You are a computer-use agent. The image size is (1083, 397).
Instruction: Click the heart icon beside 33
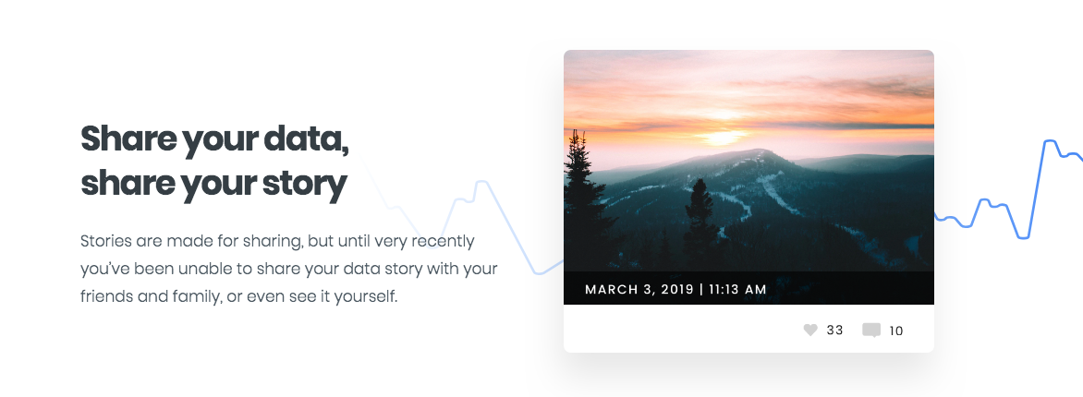pyautogui.click(x=810, y=330)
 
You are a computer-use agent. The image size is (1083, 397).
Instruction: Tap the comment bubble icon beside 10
pyautogui.click(x=871, y=330)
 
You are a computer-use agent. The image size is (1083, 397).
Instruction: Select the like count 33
pyautogui.click(x=835, y=331)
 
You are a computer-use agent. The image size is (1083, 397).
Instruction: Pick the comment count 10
pyautogui.click(x=896, y=331)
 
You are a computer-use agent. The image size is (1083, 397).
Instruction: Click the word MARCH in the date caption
pyautogui.click(x=613, y=290)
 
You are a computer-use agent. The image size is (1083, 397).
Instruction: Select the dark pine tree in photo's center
pyautogui.click(x=699, y=212)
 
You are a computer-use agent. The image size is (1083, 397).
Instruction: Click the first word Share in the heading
pyautogui.click(x=127, y=140)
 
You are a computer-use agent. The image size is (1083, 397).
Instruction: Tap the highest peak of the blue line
pyautogui.click(x=1050, y=141)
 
